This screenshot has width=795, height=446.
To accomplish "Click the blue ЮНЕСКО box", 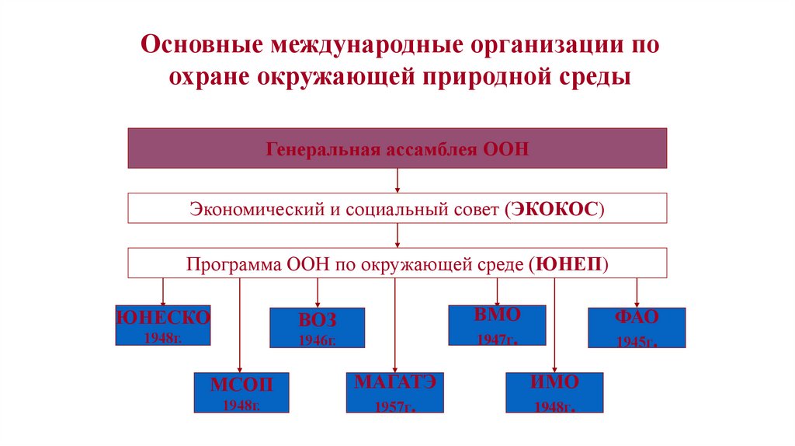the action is coord(163,325).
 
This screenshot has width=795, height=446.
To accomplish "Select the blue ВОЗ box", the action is coord(317,327).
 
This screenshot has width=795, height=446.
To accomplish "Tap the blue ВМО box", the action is coord(497,325).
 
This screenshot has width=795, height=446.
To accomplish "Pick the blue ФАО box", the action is coord(637,327).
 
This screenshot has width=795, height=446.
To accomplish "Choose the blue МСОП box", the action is coord(241,392).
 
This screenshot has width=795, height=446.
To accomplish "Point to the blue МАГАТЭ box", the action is coord(395,392).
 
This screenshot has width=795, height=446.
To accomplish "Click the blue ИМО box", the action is coord(554,392).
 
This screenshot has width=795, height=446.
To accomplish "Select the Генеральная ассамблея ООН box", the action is coord(397,148).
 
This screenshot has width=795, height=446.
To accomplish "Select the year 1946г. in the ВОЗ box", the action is coord(317,340).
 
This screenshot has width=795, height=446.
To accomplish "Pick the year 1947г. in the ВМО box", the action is coord(497,340).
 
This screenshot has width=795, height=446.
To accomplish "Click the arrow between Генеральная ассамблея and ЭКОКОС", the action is coord(397,180).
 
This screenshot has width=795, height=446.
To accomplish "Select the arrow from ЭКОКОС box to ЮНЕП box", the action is coord(397,235).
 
